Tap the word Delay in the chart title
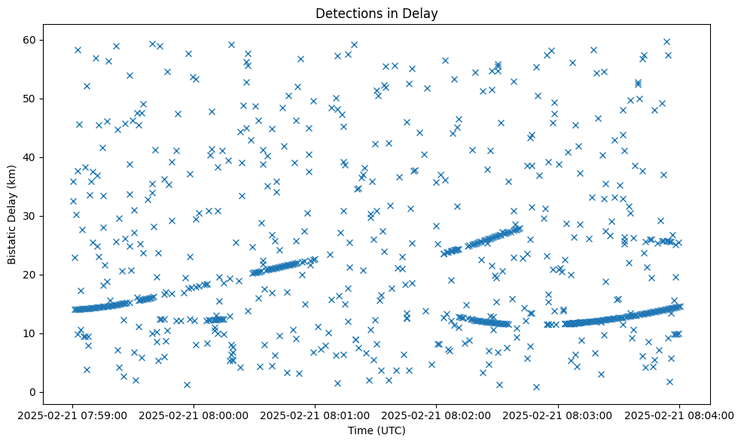pyautogui.click(x=422, y=14)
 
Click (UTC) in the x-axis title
pyautogui.click(x=391, y=430)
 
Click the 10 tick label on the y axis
pyautogui.click(x=31, y=333)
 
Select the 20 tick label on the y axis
pyautogui.click(x=31, y=275)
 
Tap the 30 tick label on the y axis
pyautogui.click(x=31, y=216)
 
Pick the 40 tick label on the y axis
pyautogui.click(x=31, y=157)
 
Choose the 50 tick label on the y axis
pyautogui.click(x=31, y=99)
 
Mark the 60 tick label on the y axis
pyautogui.click(x=31, y=40)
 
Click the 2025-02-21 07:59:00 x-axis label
pyautogui.click(x=73, y=415)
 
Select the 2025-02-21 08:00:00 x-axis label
pyautogui.click(x=194, y=415)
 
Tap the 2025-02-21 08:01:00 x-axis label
pyautogui.click(x=316, y=415)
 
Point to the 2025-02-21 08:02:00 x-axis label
pyautogui.click(x=437, y=415)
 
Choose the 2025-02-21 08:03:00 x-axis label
pyautogui.click(x=558, y=415)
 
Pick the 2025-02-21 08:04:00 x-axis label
pyautogui.click(x=679, y=415)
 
